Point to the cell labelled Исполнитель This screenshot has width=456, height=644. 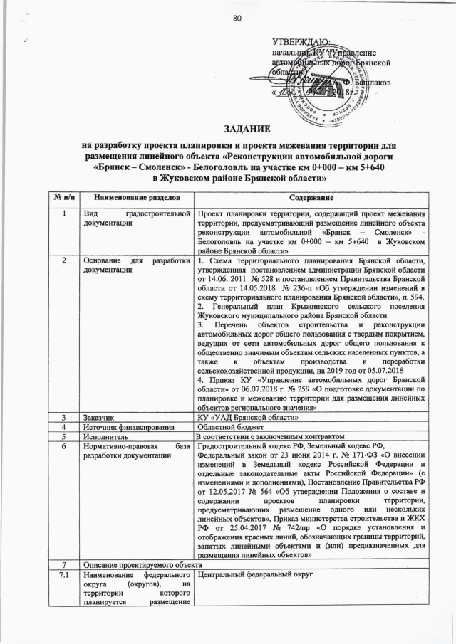coord(105,436)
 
